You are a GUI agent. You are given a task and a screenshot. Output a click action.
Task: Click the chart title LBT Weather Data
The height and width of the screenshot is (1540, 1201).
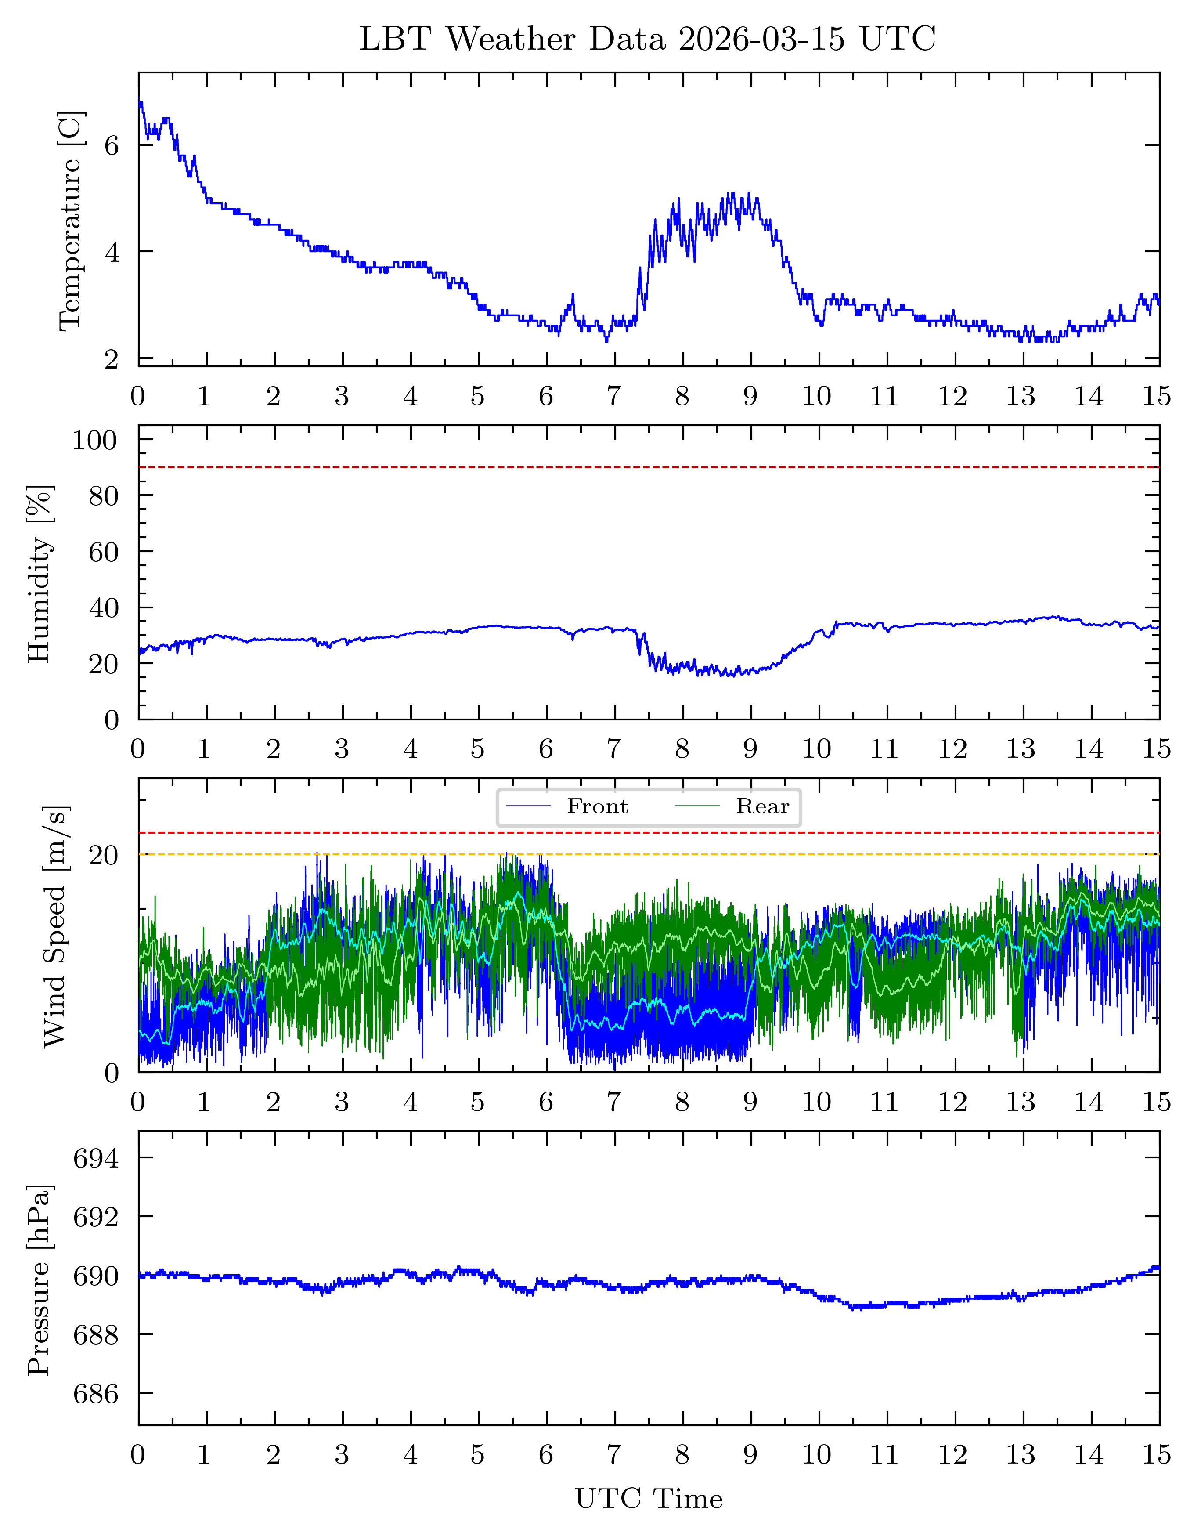(x=647, y=39)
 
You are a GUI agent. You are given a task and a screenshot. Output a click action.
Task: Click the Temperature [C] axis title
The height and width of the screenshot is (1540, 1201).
(x=71, y=220)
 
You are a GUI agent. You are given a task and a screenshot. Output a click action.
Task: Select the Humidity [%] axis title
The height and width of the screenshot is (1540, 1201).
(x=40, y=573)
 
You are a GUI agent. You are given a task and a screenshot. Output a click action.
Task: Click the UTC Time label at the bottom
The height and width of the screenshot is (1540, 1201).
(x=649, y=1498)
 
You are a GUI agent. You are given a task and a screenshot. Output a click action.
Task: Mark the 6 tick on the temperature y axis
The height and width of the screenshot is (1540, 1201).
(x=112, y=145)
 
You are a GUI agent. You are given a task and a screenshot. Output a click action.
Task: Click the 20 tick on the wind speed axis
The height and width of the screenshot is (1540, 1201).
(x=104, y=855)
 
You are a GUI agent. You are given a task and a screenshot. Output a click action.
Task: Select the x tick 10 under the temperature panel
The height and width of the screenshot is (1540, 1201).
(x=816, y=396)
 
